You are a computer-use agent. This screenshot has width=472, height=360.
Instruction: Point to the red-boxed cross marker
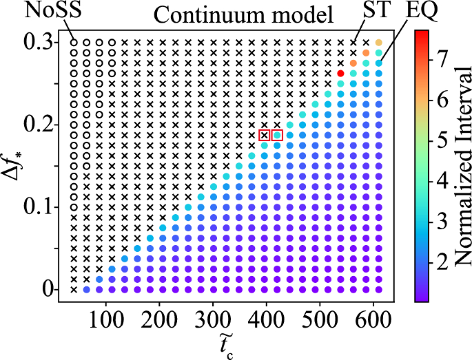(265, 135)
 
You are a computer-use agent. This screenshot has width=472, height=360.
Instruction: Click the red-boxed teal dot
(277, 135)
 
